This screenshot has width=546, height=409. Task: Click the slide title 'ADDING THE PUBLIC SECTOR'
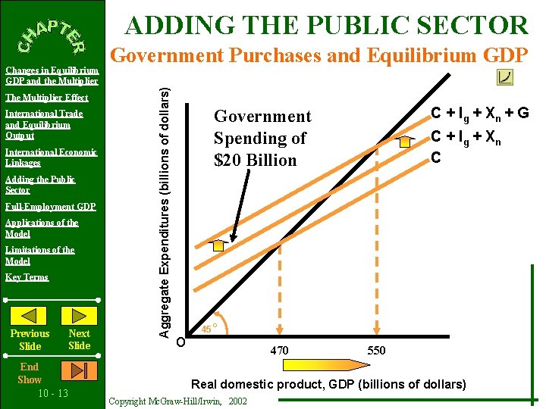pyautogui.click(x=326, y=25)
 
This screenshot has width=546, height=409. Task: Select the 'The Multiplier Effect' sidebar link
pyautogui.click(x=47, y=98)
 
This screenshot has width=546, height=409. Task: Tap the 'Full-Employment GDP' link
pyautogui.click(x=51, y=207)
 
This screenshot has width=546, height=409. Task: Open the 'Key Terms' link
pyautogui.click(x=27, y=277)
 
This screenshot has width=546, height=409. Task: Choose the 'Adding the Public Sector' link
pyautogui.click(x=39, y=185)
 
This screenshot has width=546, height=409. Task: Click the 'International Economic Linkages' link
pyautogui.click(x=51, y=158)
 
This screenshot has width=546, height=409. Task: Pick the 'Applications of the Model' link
pyautogui.click(x=42, y=228)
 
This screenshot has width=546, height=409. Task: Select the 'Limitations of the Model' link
pyautogui.click(x=39, y=255)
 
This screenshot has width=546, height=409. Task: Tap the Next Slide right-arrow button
pyautogui.click(x=79, y=316)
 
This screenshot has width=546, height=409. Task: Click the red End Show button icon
pyautogui.click(x=79, y=371)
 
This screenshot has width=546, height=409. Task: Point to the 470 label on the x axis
pyautogui.click(x=280, y=350)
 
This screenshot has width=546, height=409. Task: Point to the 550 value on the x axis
pyautogui.click(x=376, y=350)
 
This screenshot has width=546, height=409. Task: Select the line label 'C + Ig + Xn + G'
pyautogui.click(x=480, y=114)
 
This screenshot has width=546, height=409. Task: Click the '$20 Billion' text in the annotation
pyautogui.click(x=255, y=161)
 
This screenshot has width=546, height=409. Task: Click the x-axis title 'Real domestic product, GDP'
pyautogui.click(x=328, y=384)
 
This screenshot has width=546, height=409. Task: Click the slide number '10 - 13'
pyautogui.click(x=52, y=393)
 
